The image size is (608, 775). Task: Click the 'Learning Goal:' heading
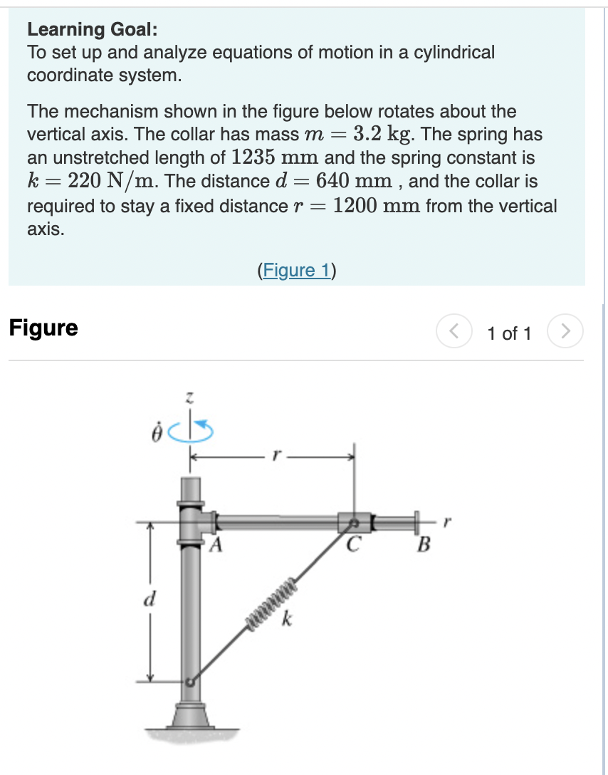(93, 29)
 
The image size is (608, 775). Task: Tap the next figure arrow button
(565, 332)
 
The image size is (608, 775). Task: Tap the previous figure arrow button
(453, 332)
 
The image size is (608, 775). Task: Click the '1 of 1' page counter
(509, 333)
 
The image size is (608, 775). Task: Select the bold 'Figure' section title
(43, 328)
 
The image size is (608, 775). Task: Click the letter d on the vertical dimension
(150, 597)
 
